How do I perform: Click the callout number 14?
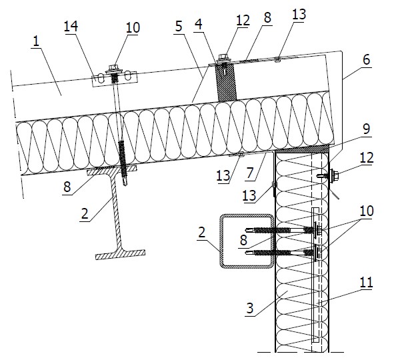(x=71, y=26)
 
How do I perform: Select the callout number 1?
(x=36, y=41)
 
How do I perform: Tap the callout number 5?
(x=179, y=26)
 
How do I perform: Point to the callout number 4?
(x=199, y=24)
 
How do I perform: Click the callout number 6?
(x=367, y=59)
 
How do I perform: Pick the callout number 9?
(x=367, y=129)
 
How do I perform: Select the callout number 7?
(x=250, y=173)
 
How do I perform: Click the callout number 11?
(x=366, y=282)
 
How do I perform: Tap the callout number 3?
(x=250, y=308)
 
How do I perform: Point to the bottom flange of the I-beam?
(x=120, y=254)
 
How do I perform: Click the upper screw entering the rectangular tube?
(x=282, y=230)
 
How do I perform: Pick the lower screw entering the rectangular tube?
(x=282, y=253)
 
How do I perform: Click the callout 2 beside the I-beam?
(x=85, y=213)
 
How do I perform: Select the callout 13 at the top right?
(x=299, y=14)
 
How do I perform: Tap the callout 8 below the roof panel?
(x=67, y=187)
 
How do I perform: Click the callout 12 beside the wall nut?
(x=367, y=157)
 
